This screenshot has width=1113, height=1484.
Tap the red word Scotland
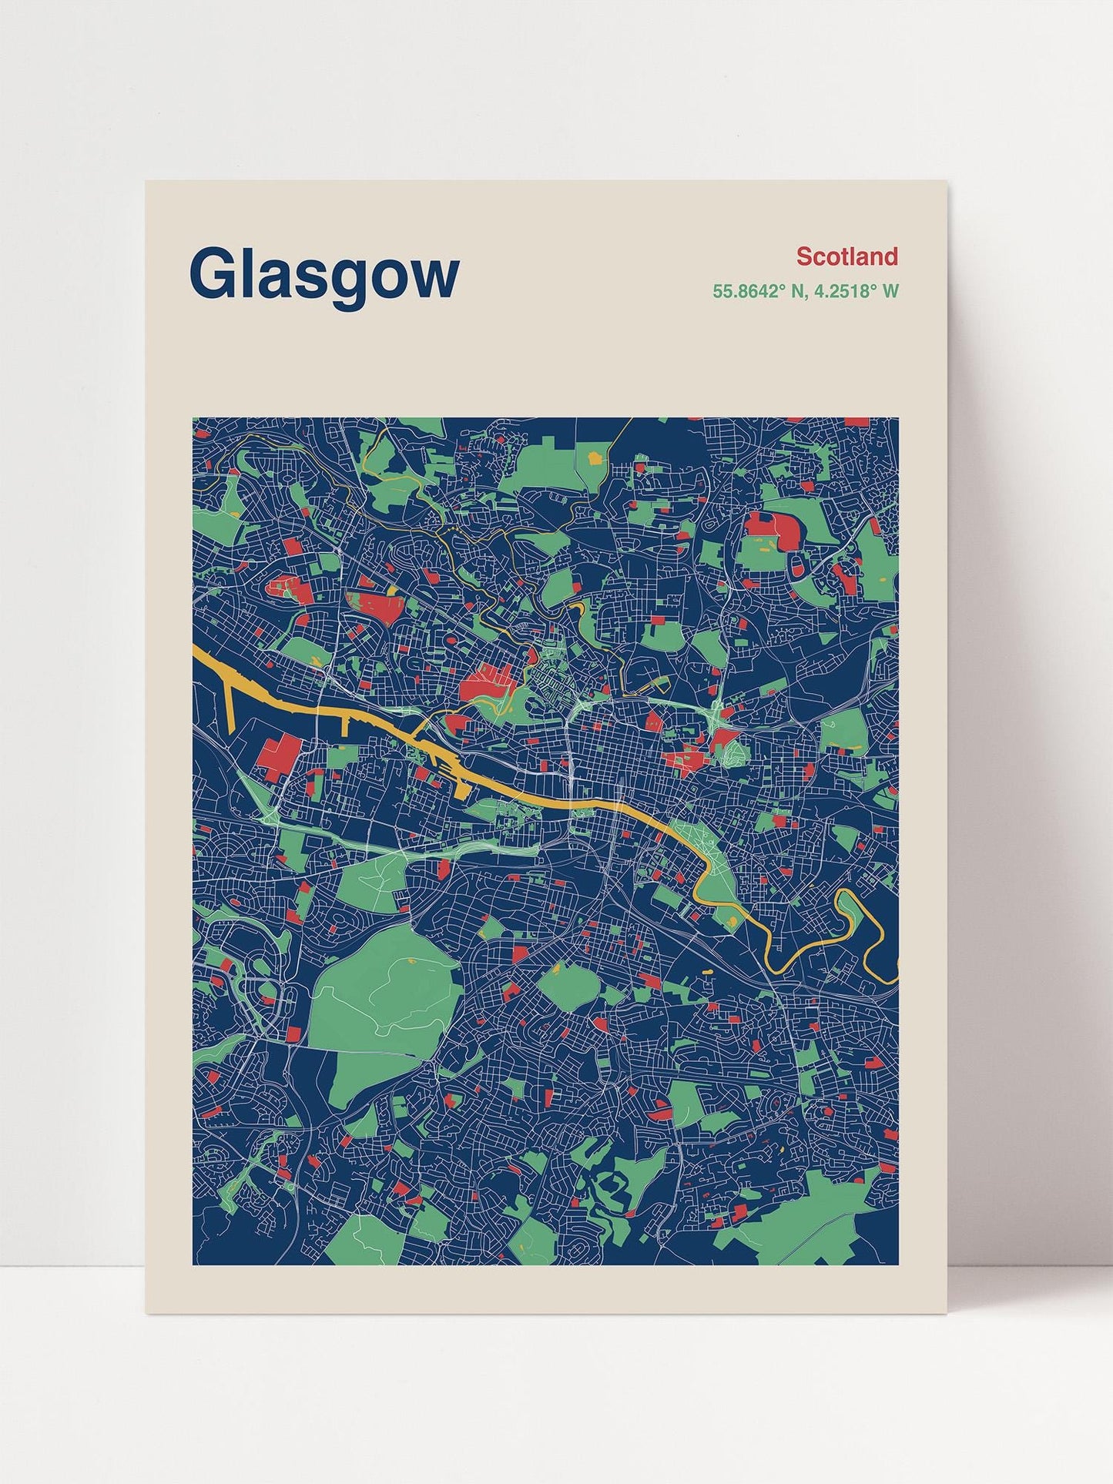[846, 256]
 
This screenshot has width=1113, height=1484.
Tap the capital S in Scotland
[804, 256]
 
